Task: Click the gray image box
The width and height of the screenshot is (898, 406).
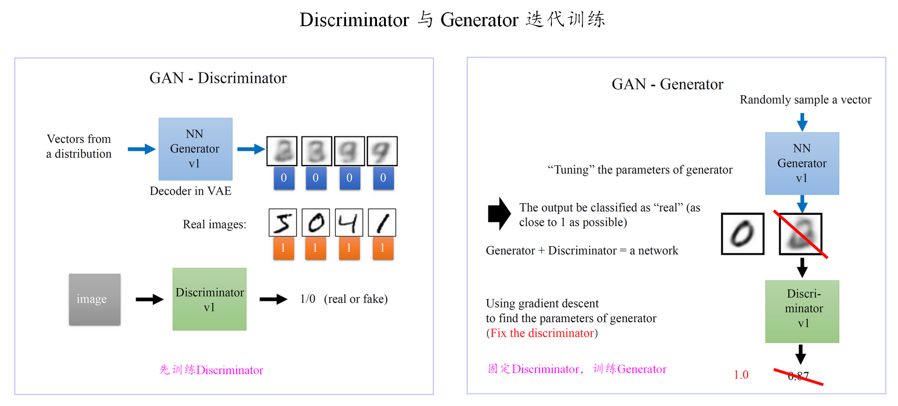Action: [x=94, y=299]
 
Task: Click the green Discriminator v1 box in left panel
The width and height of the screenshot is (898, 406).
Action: [x=210, y=299]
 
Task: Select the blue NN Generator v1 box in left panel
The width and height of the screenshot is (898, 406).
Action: [x=196, y=149]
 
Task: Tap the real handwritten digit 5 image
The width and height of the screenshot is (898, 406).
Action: [x=282, y=222]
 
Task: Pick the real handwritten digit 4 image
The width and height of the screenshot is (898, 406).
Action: [x=349, y=222]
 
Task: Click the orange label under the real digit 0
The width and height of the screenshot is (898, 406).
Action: [x=315, y=248]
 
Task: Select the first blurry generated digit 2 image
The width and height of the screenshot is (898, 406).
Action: [x=282, y=151]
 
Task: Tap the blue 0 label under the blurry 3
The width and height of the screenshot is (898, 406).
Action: [x=316, y=178]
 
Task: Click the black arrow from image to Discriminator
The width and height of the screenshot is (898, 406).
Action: [x=149, y=299]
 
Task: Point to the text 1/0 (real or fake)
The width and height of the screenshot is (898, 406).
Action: [x=344, y=299]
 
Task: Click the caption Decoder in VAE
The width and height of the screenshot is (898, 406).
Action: [x=190, y=191]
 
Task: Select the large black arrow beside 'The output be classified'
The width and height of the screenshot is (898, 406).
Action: [x=499, y=214]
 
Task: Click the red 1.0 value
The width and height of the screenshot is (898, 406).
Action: [x=741, y=375]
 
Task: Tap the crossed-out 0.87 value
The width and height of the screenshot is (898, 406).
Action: [x=798, y=376]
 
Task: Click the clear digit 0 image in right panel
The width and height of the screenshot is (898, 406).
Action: [x=743, y=234]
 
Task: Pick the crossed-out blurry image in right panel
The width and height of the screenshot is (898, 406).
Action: [x=801, y=234]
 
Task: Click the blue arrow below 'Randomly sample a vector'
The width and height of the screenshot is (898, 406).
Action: [x=802, y=122]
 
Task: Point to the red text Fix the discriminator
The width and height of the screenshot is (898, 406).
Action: [x=542, y=333]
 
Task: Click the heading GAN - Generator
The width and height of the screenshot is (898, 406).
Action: [x=667, y=84]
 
